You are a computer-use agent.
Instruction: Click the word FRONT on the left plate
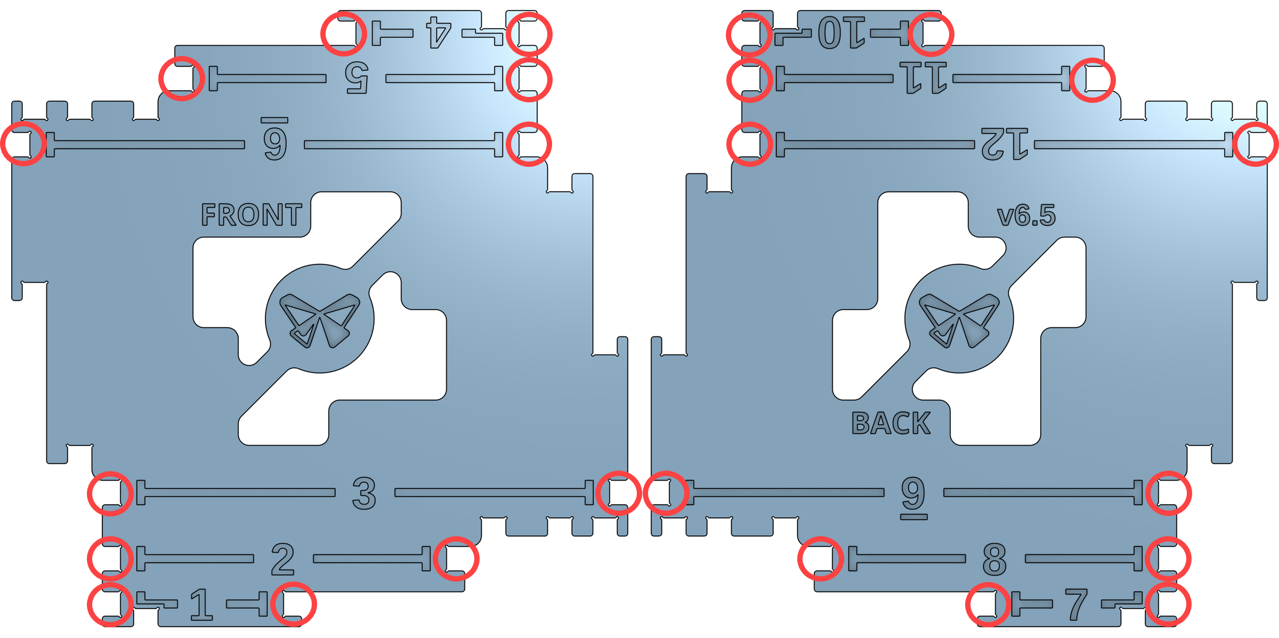(252, 215)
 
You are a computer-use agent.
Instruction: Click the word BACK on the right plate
(891, 423)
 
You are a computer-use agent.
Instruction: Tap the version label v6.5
(1026, 216)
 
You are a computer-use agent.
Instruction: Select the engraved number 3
(365, 493)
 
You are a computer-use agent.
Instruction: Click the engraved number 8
(994, 559)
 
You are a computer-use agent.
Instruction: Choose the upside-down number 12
(1005, 144)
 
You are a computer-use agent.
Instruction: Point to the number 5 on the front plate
(357, 78)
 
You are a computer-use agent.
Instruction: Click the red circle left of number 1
(110, 604)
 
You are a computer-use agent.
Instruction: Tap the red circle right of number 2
(456, 559)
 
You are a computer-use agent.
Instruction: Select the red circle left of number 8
(821, 559)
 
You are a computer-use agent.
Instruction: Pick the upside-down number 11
(923, 78)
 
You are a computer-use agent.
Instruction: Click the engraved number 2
(282, 559)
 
